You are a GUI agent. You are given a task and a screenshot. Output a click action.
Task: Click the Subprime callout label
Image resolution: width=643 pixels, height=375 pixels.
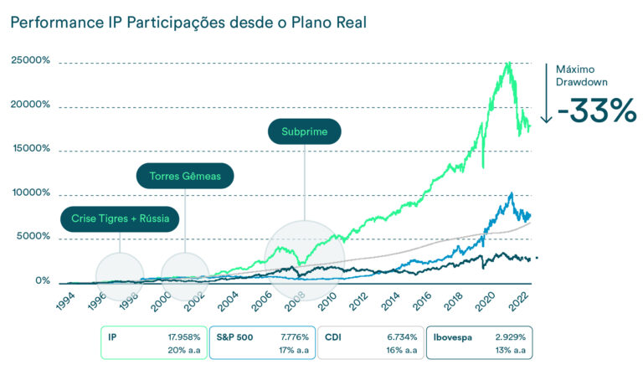[x=304, y=132]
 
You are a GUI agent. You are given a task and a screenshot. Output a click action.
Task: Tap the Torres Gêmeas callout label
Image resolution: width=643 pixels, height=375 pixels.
[x=184, y=177]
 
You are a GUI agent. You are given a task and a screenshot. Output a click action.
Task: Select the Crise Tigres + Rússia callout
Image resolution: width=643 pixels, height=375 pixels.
[x=121, y=219]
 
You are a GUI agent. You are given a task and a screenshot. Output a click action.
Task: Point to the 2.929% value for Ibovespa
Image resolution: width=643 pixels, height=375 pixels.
[x=510, y=336]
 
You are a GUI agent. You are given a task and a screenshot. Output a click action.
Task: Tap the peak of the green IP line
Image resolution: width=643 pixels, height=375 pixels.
[x=508, y=63]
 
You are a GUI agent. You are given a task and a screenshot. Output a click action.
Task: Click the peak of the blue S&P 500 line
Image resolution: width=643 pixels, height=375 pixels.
[x=511, y=193]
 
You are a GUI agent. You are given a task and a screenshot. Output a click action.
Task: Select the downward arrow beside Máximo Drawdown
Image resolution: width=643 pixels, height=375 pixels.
[x=545, y=92]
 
